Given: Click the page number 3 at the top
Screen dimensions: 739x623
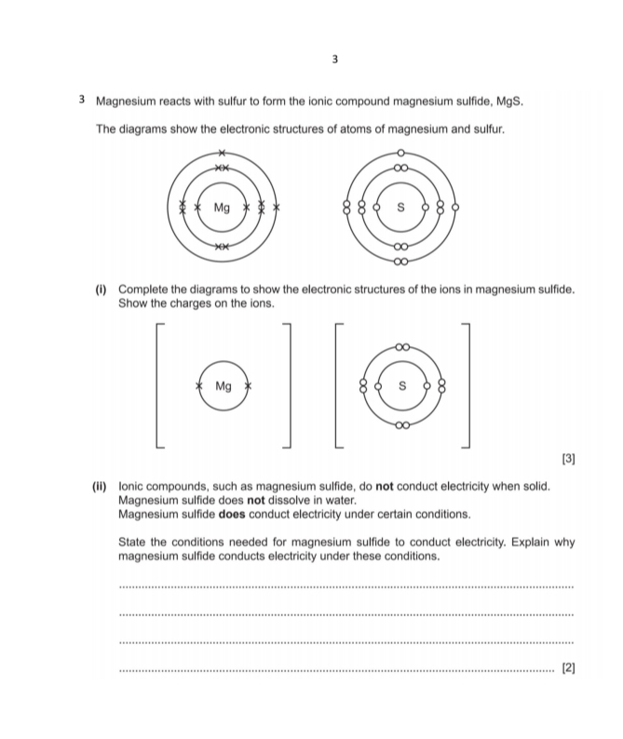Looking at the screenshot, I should [334, 60].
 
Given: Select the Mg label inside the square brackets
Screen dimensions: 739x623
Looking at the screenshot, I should [223, 385].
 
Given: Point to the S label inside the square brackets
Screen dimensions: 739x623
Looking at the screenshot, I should [402, 385].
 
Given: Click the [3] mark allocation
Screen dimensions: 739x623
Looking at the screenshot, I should [568, 459].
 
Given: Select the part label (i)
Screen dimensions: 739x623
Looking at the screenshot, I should [103, 290].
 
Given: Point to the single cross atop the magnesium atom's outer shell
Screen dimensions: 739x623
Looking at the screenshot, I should [222, 152].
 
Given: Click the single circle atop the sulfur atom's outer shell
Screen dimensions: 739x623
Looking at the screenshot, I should [401, 152].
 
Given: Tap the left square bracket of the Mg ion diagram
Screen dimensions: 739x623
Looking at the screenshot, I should [158, 385].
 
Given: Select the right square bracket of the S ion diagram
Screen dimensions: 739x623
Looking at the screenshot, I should [469, 385].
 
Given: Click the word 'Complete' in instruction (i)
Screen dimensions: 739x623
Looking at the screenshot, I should [144, 290].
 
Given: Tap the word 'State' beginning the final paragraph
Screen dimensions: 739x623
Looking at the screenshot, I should [135, 542].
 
